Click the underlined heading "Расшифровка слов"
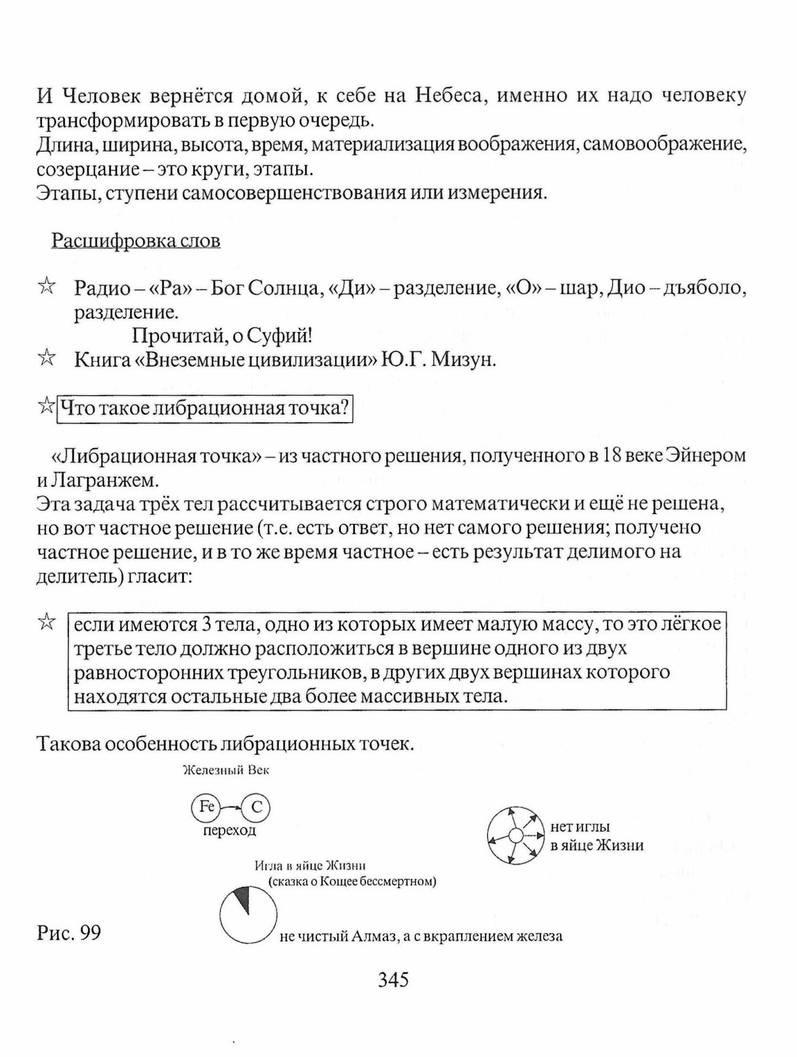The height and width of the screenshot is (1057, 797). [x=136, y=241]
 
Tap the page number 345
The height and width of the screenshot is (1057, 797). [x=393, y=979]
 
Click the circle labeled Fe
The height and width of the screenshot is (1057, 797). [x=206, y=807]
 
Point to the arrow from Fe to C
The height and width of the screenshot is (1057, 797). [x=231, y=808]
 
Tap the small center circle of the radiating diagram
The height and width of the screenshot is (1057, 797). [x=514, y=836]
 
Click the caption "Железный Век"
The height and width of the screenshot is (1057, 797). [x=226, y=771]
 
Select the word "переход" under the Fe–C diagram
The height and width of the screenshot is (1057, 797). [x=230, y=831]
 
